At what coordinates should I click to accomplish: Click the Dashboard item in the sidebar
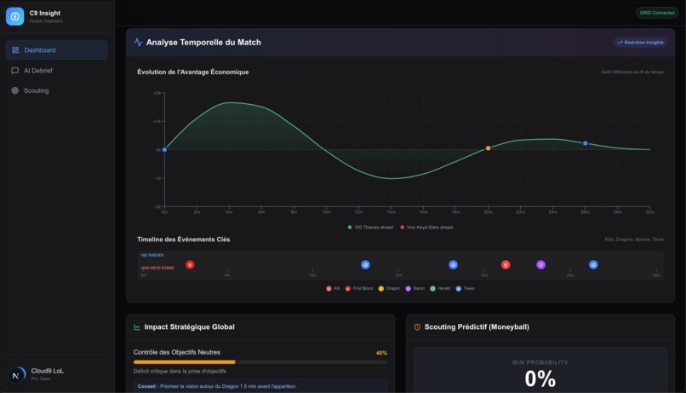56,50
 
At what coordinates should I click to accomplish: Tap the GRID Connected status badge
656,13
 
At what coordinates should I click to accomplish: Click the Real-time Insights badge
640,42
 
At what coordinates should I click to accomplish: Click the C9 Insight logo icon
14,16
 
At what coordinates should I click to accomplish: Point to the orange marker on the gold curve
489,148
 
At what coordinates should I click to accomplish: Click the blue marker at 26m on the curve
586,143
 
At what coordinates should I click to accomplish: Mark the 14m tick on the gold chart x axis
391,211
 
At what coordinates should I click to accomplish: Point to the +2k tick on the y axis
157,93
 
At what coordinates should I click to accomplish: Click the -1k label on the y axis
157,178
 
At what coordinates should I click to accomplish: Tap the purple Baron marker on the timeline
540,265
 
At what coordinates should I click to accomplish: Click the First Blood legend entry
361,288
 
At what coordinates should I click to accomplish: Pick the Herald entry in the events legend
441,288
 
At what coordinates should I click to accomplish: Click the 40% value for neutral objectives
381,352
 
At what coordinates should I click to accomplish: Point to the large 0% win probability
540,379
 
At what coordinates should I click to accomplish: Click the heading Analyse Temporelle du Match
203,42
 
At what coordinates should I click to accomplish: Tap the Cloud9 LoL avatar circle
16,375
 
